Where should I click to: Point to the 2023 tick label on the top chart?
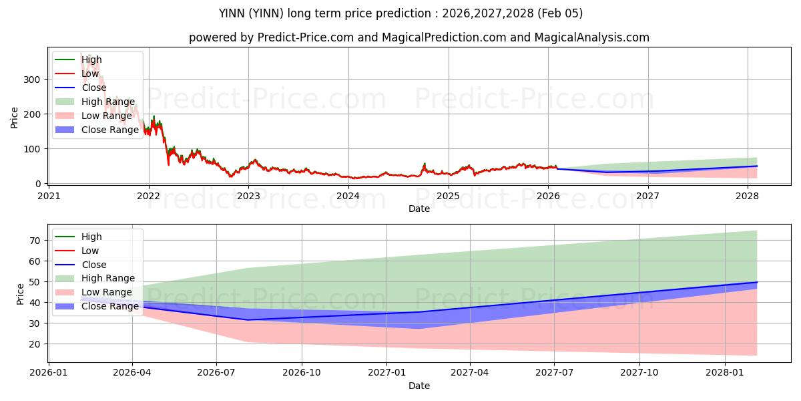[248, 196]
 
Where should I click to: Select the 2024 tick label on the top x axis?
[348, 196]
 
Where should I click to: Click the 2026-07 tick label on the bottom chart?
[217, 373]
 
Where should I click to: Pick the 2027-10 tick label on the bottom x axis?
[639, 373]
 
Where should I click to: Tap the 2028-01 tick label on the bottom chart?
[724, 373]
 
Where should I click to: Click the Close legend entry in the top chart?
[93, 88]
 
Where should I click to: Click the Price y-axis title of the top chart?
[15, 118]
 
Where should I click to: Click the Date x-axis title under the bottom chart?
[419, 386]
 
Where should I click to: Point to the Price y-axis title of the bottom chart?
[20, 294]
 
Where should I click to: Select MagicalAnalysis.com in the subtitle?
[592, 37]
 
